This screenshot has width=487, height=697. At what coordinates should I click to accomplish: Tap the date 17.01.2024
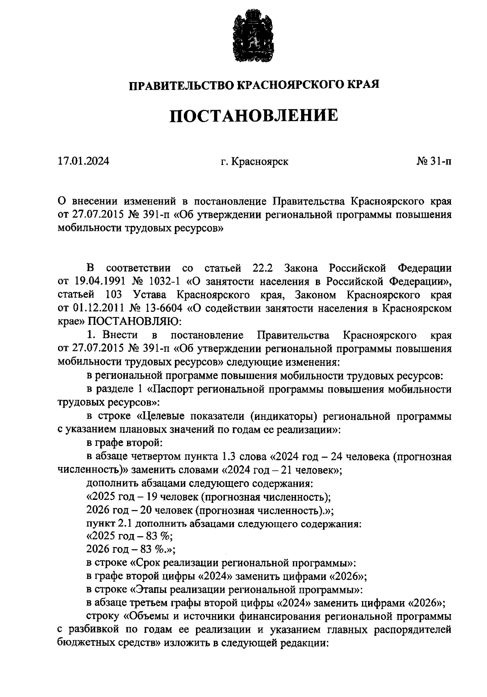click(x=83, y=161)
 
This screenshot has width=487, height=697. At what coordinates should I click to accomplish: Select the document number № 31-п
click(x=434, y=161)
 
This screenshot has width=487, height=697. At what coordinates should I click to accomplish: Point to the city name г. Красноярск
click(x=254, y=162)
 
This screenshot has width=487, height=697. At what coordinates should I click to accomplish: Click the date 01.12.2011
click(x=97, y=308)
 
